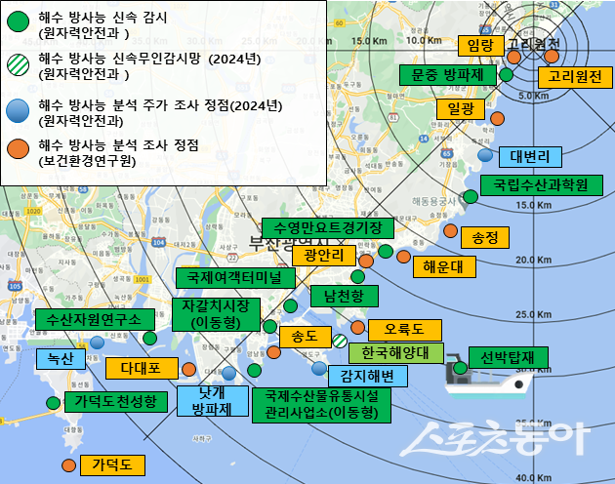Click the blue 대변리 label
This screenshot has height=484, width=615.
(x=530, y=157)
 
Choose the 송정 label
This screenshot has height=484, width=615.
(x=484, y=237)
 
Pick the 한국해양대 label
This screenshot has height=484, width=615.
(x=389, y=353)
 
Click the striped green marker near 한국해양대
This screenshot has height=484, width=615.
(x=340, y=342)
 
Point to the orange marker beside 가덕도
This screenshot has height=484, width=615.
(x=68, y=465)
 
